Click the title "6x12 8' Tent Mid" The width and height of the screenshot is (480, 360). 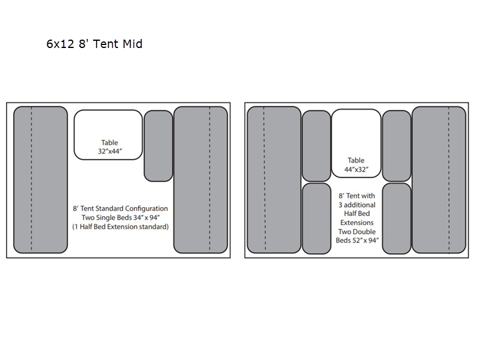(x=94, y=44)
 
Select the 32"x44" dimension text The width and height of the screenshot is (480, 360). (x=110, y=152)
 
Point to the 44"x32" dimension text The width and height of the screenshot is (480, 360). (x=356, y=170)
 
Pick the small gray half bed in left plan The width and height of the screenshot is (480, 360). (x=158, y=146)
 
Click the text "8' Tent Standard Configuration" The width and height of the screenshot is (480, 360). (x=120, y=208)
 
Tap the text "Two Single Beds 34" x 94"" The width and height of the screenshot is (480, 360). (x=120, y=218)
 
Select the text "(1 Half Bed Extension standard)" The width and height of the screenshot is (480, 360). (x=120, y=227)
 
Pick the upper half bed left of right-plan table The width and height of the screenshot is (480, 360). (x=316, y=146)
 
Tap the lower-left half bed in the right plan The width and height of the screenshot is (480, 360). (x=316, y=218)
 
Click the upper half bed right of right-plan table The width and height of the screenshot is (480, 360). (x=397, y=146)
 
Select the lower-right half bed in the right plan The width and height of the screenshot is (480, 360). (x=397, y=218)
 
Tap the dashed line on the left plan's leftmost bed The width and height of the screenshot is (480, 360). (x=31, y=180)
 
